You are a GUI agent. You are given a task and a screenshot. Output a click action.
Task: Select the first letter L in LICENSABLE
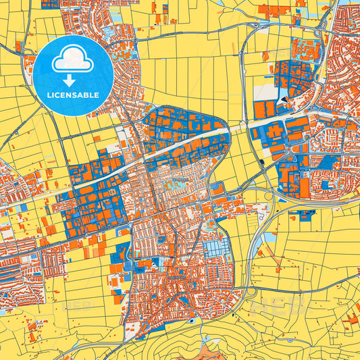49,96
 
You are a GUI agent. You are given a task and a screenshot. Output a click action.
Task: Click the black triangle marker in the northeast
284,101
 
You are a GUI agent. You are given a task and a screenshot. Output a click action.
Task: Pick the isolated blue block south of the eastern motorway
301,215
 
